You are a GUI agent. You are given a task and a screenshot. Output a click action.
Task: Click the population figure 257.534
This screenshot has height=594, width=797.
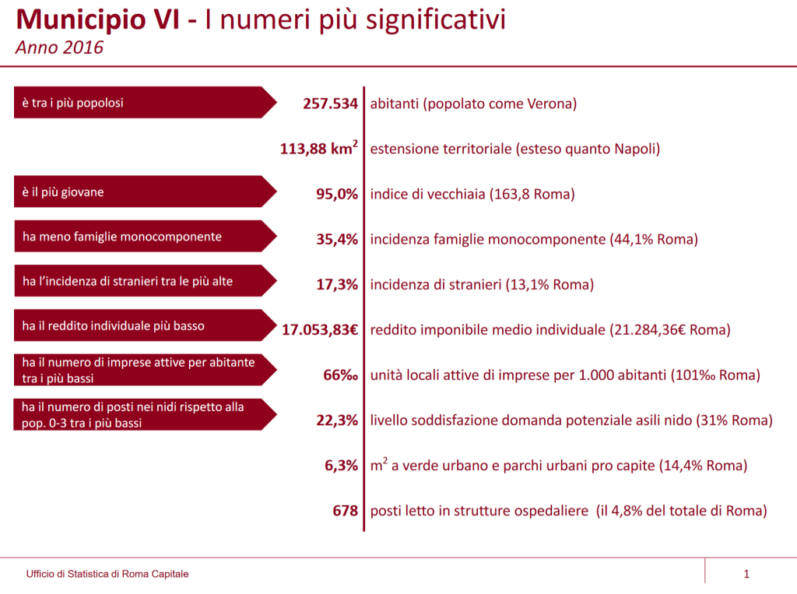(x=330, y=103)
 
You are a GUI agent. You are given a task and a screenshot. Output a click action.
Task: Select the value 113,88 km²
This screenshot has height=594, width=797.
(x=319, y=148)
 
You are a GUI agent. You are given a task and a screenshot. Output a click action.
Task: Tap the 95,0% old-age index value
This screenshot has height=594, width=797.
(x=337, y=194)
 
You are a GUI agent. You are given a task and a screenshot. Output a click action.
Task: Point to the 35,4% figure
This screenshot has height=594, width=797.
(x=337, y=239)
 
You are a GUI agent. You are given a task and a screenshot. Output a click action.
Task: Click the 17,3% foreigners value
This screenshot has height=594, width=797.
(x=337, y=284)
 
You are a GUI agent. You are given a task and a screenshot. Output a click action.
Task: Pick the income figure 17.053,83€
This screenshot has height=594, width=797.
(x=320, y=329)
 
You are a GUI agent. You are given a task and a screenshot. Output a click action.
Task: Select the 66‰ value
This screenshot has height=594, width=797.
(x=341, y=374)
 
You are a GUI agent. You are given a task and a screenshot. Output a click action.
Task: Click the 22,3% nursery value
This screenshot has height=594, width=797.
(x=337, y=420)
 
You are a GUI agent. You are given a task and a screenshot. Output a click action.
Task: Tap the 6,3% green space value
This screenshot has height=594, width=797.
(x=341, y=466)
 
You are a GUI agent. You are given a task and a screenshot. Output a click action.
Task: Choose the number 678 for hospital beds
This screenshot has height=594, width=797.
(x=345, y=511)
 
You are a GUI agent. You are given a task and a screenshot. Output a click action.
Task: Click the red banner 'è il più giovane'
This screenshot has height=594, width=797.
(x=145, y=192)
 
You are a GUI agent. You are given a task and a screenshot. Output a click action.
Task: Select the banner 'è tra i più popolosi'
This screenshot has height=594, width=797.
(x=145, y=103)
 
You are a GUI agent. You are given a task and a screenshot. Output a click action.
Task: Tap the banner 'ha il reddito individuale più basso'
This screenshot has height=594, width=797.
(x=145, y=326)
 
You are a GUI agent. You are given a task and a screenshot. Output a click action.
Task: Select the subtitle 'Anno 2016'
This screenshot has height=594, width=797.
(x=59, y=47)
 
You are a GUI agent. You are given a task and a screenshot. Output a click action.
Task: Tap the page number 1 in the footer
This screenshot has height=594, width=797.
(x=746, y=575)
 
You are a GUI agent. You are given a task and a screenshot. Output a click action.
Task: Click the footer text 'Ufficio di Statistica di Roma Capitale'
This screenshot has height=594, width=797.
(x=107, y=575)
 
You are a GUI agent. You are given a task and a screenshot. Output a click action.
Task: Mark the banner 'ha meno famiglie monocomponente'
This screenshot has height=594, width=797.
(x=145, y=237)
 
